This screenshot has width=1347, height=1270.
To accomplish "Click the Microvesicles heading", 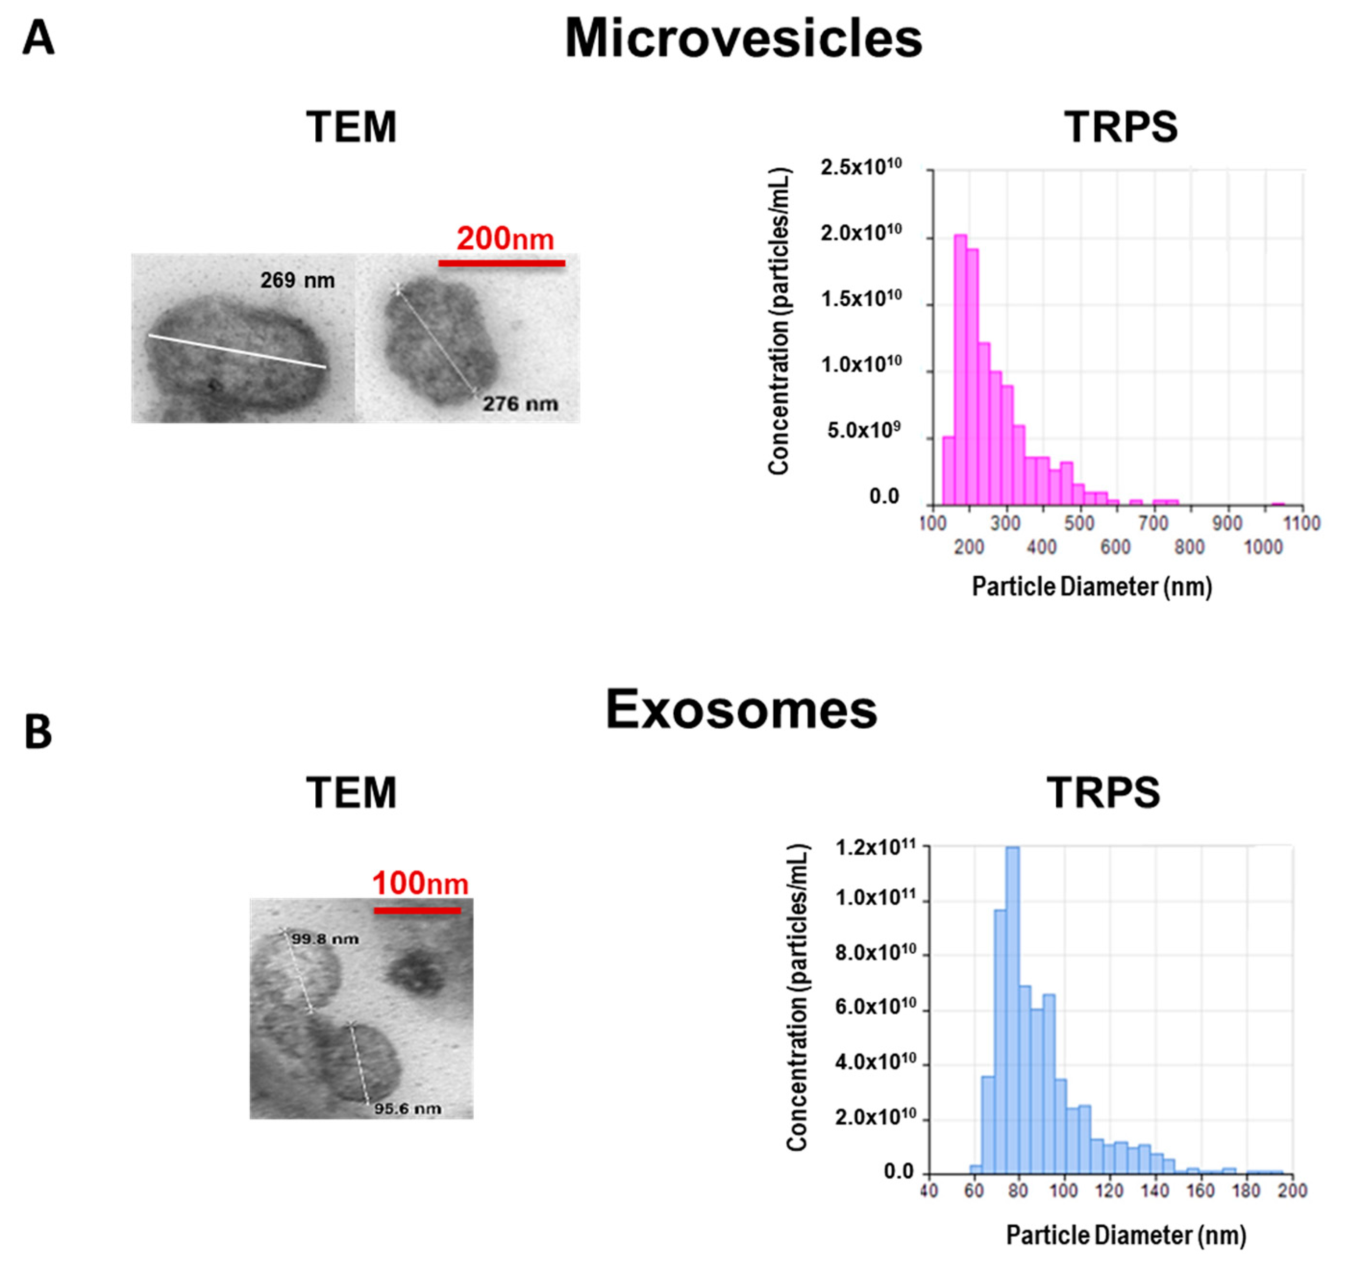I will pyautogui.click(x=743, y=38).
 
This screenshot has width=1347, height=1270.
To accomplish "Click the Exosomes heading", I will pyautogui.click(x=741, y=710).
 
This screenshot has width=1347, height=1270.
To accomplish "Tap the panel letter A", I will pyautogui.click(x=38, y=38).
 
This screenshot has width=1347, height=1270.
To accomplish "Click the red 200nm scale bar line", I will pyautogui.click(x=501, y=263).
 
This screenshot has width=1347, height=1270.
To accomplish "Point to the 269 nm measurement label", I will pyautogui.click(x=297, y=280).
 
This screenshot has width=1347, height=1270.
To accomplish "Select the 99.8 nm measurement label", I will pyautogui.click(x=324, y=939).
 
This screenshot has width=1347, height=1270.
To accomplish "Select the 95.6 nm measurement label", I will pyautogui.click(x=407, y=1108).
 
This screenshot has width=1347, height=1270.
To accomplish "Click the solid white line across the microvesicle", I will pyautogui.click(x=237, y=351).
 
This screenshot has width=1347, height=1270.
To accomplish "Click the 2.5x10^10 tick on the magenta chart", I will pyautogui.click(x=861, y=167).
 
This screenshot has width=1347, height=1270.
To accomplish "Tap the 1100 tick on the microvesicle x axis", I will pyautogui.click(x=1302, y=523).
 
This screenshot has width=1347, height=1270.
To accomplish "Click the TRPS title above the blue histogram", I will pyautogui.click(x=1103, y=792).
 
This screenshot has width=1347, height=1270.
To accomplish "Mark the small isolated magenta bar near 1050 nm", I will pyautogui.click(x=1278, y=503).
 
